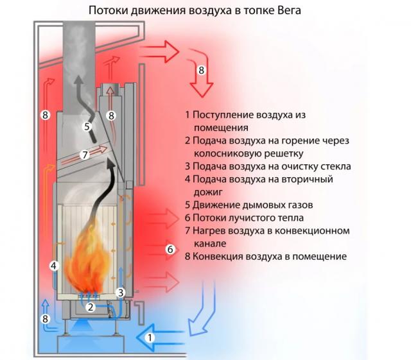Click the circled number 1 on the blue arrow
pos(150,336)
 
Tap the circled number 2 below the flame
pos(91,307)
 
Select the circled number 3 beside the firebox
pos(120,293)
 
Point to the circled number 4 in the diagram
pos(54,265)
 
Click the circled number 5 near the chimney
pos(87,126)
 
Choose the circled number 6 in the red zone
pos(170,249)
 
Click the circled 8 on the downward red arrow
pos(202,69)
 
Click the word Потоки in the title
pos(109,11)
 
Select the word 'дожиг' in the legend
pos(206,192)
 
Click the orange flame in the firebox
pos(90,263)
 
